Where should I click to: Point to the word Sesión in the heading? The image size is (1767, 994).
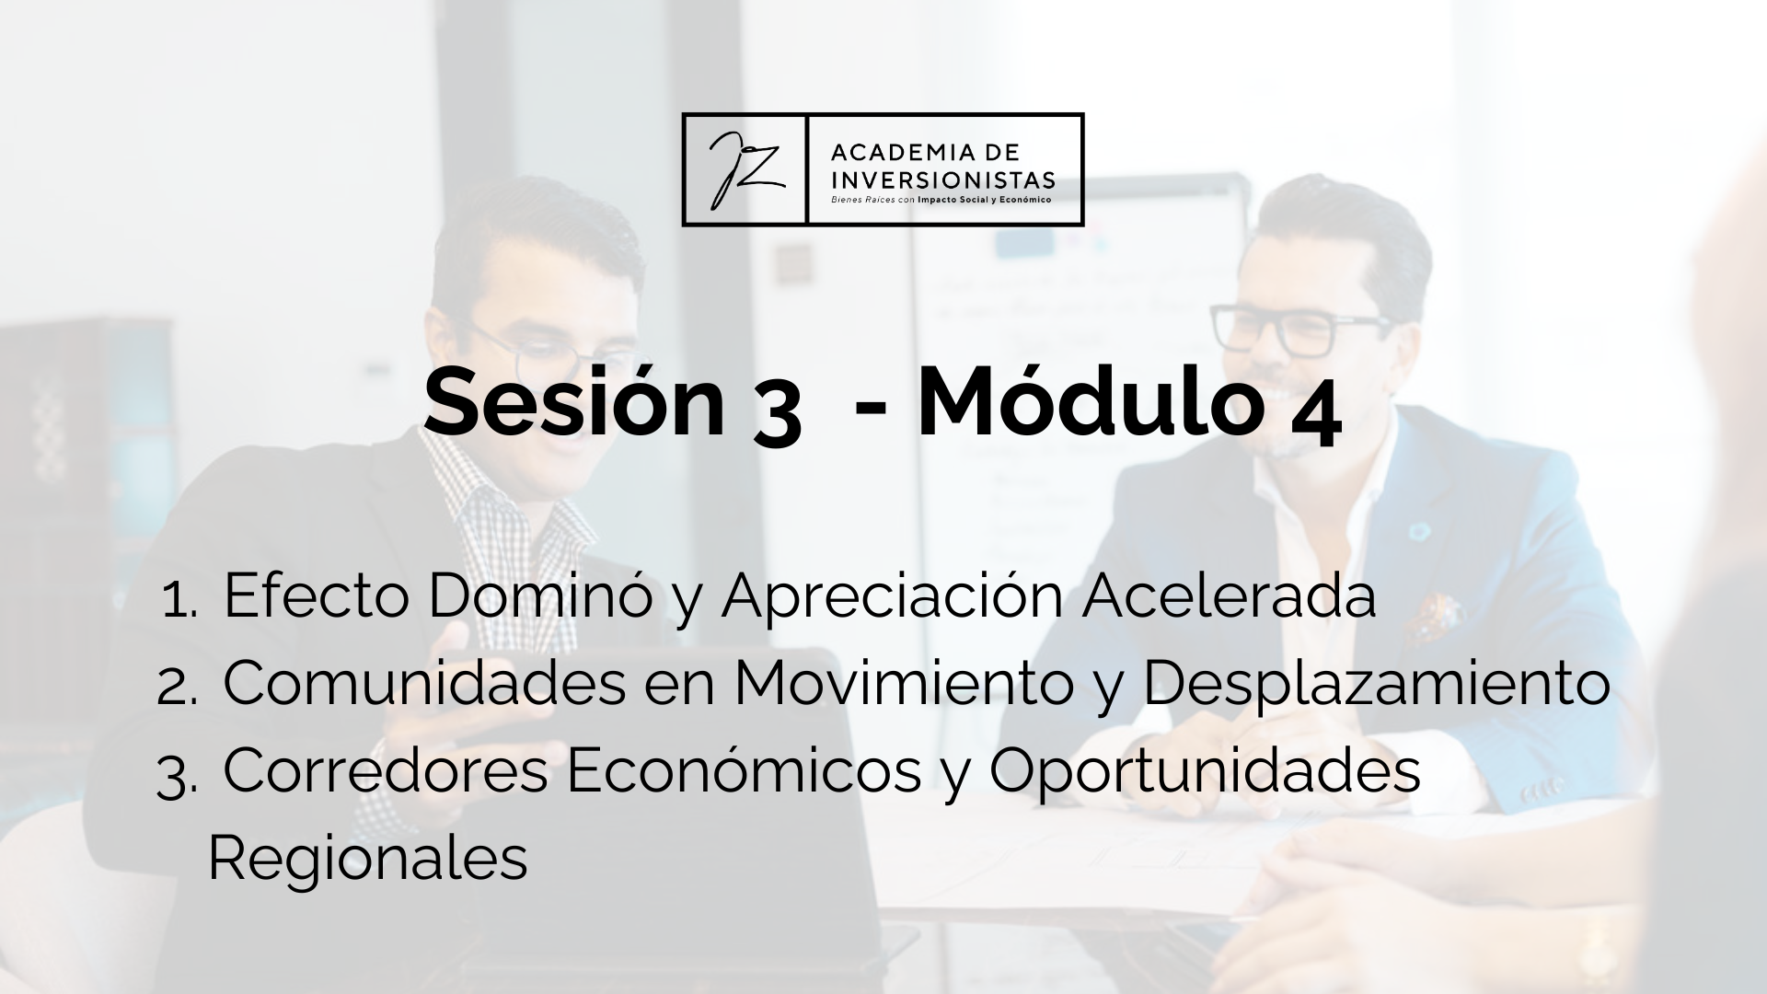click(x=574, y=402)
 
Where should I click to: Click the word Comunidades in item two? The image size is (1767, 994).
click(x=424, y=684)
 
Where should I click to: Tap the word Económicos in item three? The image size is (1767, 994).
click(x=744, y=771)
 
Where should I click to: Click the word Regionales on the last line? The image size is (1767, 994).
click(x=368, y=860)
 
